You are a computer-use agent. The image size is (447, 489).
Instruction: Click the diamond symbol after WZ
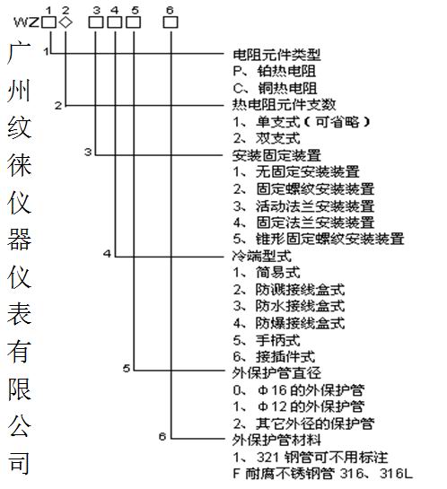point(66,22)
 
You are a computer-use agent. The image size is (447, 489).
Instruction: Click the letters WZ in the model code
point(27,22)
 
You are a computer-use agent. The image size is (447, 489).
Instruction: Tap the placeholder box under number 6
point(171,22)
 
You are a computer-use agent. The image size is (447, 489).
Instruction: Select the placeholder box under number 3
point(96,22)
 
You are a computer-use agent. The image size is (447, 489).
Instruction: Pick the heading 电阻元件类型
point(276,55)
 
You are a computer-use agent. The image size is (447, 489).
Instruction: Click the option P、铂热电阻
point(275,72)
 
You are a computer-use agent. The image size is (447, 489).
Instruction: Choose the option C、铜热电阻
point(276,88)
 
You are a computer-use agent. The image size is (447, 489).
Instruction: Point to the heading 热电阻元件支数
point(285,105)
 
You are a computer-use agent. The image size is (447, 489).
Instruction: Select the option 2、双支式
point(267,138)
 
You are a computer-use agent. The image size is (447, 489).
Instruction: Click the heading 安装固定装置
point(276,155)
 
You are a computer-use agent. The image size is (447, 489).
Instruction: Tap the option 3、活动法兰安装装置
point(303,205)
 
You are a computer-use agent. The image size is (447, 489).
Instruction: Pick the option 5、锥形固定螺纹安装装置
point(319,239)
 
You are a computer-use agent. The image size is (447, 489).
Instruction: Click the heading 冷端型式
point(262,256)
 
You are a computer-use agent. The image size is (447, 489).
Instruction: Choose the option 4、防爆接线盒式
point(289,323)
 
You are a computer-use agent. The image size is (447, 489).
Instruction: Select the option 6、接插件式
point(274,356)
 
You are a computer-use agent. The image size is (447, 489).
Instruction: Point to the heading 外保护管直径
point(276,373)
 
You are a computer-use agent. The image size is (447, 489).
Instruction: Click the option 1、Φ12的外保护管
point(299,406)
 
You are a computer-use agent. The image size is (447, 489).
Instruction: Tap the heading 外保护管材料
point(276,440)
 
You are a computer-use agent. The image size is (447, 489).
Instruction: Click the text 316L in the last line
point(396,474)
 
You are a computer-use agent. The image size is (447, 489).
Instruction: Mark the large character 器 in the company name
point(20,240)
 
